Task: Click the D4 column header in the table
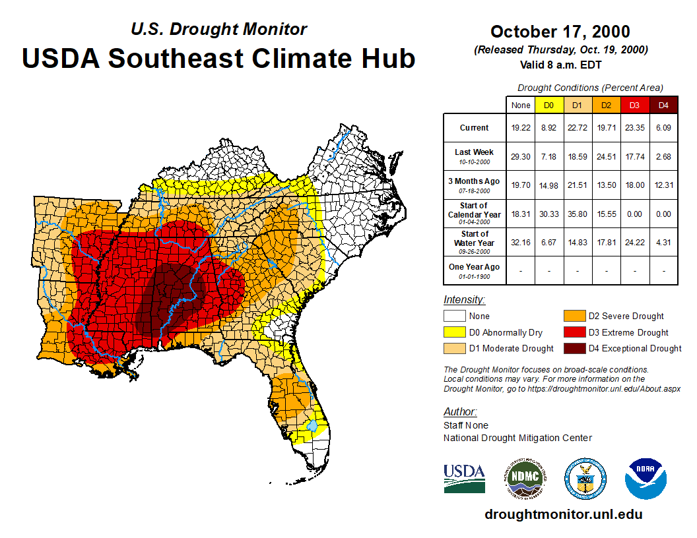[x=663, y=105]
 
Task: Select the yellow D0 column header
[x=548, y=105]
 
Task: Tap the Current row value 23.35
[x=635, y=128]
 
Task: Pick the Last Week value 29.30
[x=520, y=156]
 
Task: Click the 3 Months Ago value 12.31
[x=663, y=185]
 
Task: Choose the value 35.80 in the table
[x=578, y=214]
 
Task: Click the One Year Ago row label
[x=475, y=267]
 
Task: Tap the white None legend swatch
[x=455, y=316]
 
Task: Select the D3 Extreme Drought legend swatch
[x=573, y=332]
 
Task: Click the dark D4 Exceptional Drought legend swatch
[x=573, y=348]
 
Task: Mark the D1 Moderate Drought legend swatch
[x=455, y=348]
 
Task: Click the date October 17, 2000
[x=560, y=32]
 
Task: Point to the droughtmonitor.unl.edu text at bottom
[x=563, y=514]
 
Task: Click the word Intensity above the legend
[x=464, y=300]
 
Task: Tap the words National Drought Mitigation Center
[x=517, y=438]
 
